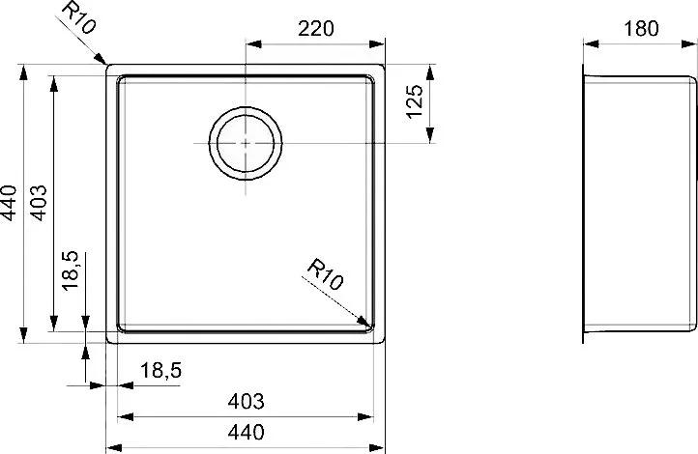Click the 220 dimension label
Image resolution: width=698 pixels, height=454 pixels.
[315, 29]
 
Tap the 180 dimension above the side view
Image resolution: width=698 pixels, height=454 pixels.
[641, 29]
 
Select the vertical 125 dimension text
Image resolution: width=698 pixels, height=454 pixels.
[415, 101]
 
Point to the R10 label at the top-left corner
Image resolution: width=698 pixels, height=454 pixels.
[78, 17]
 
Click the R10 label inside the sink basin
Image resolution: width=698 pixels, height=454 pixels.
[326, 274]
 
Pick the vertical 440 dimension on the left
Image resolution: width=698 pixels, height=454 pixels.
[9, 203]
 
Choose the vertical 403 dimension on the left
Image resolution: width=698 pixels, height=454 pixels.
[38, 203]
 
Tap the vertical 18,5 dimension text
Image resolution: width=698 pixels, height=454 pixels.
[70, 271]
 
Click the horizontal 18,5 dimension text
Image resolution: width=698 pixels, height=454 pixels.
[161, 370]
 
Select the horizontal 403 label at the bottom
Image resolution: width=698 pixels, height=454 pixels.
[246, 402]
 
